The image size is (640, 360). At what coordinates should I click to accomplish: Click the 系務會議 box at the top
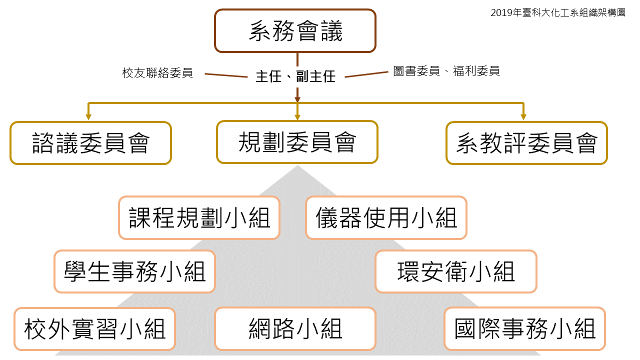coord(295,31)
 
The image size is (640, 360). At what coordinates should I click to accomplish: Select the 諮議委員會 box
coord(90,143)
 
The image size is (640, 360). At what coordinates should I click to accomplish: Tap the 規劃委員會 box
coord(297,142)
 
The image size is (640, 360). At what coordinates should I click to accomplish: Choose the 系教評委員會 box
coord(526,143)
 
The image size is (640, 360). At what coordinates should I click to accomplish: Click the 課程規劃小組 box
coord(199,218)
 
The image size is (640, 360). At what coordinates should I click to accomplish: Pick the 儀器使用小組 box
coord(386,218)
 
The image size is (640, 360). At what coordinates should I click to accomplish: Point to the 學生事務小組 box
coord(134,271)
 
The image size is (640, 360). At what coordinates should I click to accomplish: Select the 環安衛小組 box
coord(455,271)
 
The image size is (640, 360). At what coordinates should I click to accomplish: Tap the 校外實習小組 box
coord(94,329)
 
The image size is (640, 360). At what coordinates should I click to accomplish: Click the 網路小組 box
coord(295,329)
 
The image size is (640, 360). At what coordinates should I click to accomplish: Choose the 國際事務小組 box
coord(524,329)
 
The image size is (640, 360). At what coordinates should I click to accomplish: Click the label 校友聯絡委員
coord(157,72)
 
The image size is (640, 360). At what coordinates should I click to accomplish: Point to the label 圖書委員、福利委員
coord(446,71)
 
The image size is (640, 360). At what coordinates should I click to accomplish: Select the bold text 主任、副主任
coord(295,76)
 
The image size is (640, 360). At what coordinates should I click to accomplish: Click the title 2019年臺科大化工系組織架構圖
coord(557,13)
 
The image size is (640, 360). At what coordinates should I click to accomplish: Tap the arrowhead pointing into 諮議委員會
coord(88,117)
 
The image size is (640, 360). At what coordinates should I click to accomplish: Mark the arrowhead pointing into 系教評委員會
coord(523,117)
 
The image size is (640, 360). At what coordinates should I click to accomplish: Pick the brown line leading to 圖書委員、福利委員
coord(366,74)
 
